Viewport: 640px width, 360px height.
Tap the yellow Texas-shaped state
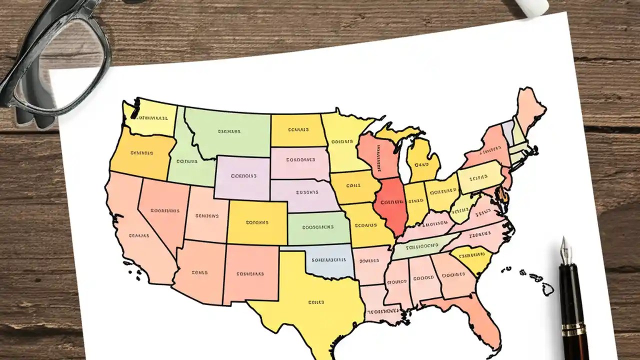tap(310, 300)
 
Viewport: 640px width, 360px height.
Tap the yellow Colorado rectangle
tap(257, 222)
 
